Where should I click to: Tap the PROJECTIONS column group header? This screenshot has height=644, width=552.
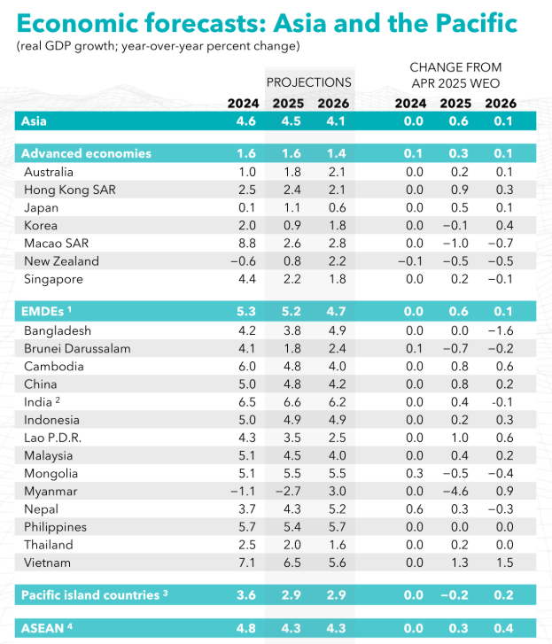(308, 82)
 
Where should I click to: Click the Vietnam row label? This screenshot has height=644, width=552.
(48, 563)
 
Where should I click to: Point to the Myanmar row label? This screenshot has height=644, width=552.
(51, 491)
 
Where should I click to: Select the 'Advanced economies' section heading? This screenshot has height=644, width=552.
(86, 153)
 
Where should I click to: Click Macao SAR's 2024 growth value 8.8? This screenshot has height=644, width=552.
(248, 243)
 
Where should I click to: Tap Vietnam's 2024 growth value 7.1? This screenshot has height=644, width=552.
(248, 563)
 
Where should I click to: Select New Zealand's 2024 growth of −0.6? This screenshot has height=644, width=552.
(245, 261)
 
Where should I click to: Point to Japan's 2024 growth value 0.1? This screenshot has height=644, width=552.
(248, 207)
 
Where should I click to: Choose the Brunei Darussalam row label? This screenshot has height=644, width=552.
(77, 348)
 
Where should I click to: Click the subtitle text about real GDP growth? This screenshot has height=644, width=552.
(157, 45)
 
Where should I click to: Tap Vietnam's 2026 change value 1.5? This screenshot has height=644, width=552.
(503, 563)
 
